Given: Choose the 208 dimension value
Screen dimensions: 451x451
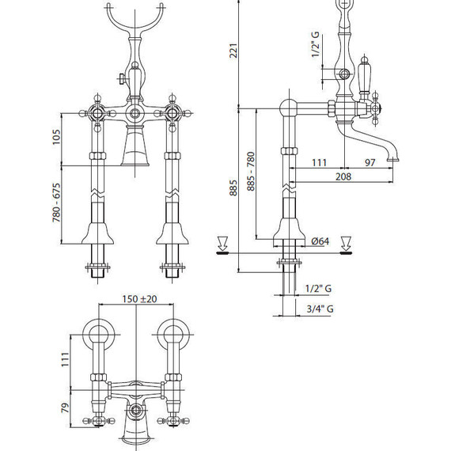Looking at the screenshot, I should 343,177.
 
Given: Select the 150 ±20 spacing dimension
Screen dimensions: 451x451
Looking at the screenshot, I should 139,299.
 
